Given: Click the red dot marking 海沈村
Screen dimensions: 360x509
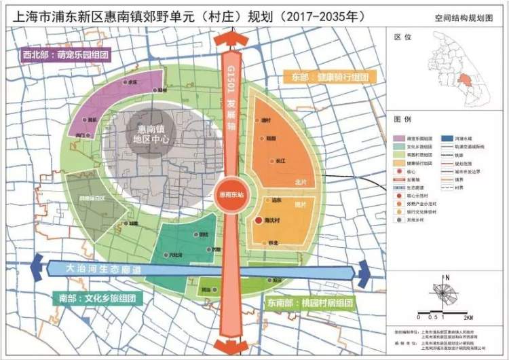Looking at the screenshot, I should [x=258, y=221].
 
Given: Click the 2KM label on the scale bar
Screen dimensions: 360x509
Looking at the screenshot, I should [x=468, y=317].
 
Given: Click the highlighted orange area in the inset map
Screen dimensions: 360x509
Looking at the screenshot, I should [x=465, y=79].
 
